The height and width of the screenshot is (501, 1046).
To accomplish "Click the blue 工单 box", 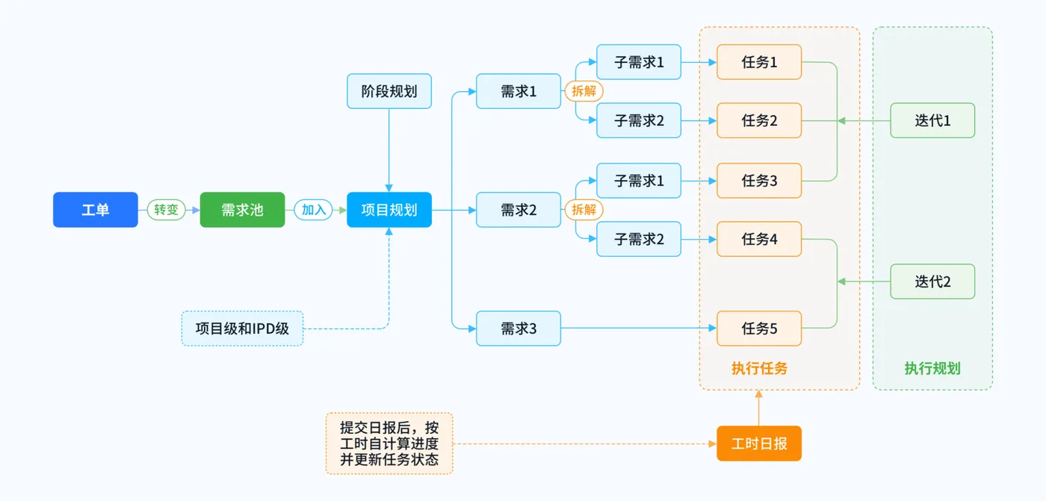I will click(x=95, y=210).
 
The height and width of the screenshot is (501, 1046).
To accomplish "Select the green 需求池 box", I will click(x=242, y=210).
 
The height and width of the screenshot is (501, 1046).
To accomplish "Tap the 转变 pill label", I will click(x=166, y=210).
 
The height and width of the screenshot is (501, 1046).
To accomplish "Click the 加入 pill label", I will click(x=313, y=210).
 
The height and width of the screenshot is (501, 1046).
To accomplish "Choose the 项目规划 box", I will click(x=389, y=210).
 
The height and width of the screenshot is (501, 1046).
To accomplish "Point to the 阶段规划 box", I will click(x=389, y=91).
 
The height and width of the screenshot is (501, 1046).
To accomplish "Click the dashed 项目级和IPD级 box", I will click(x=242, y=329).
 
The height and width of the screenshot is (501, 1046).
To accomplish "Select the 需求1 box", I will click(x=519, y=91).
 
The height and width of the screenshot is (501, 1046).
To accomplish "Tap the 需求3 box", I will click(x=519, y=329).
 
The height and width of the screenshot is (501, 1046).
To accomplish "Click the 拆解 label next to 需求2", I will click(x=584, y=210).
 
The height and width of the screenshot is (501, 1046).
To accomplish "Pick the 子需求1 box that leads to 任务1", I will click(x=639, y=62).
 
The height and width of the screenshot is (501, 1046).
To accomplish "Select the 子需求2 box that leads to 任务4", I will click(x=639, y=239).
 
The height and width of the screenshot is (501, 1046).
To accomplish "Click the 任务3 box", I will click(x=759, y=181).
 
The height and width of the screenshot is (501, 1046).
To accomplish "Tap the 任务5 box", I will click(x=759, y=329).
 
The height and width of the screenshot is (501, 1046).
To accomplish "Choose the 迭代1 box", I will click(x=932, y=120).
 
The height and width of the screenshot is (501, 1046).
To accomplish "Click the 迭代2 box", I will click(x=932, y=281).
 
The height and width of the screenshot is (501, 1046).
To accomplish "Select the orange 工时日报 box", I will click(x=759, y=444).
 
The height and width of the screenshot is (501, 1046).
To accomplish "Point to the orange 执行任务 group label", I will click(x=759, y=368).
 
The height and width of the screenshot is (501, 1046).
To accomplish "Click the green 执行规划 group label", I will click(x=932, y=368).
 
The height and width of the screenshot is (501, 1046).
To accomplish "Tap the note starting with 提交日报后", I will click(x=389, y=444).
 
